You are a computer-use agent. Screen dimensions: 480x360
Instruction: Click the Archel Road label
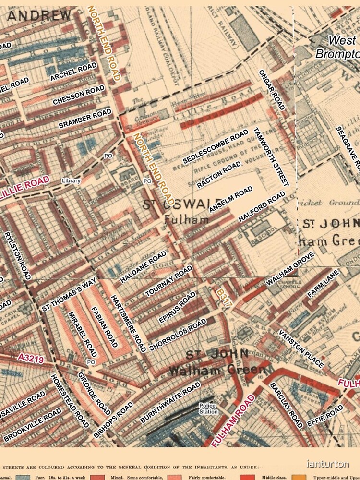click(73, 71)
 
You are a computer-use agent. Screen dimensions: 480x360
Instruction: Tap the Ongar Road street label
click(272, 89)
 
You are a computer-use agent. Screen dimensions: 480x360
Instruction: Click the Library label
click(71, 181)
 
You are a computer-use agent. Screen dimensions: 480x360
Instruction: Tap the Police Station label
click(208, 408)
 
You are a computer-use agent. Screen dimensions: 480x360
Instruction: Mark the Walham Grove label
click(290, 269)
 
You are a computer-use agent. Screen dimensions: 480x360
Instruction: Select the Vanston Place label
click(301, 349)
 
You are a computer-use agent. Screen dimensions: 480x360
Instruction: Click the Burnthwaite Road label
click(170, 403)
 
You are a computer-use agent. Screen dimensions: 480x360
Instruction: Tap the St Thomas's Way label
click(69, 294)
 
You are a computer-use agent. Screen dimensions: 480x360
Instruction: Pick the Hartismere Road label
click(128, 324)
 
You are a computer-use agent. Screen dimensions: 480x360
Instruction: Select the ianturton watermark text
click(328, 464)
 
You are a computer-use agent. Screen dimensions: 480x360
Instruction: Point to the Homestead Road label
click(70, 401)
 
